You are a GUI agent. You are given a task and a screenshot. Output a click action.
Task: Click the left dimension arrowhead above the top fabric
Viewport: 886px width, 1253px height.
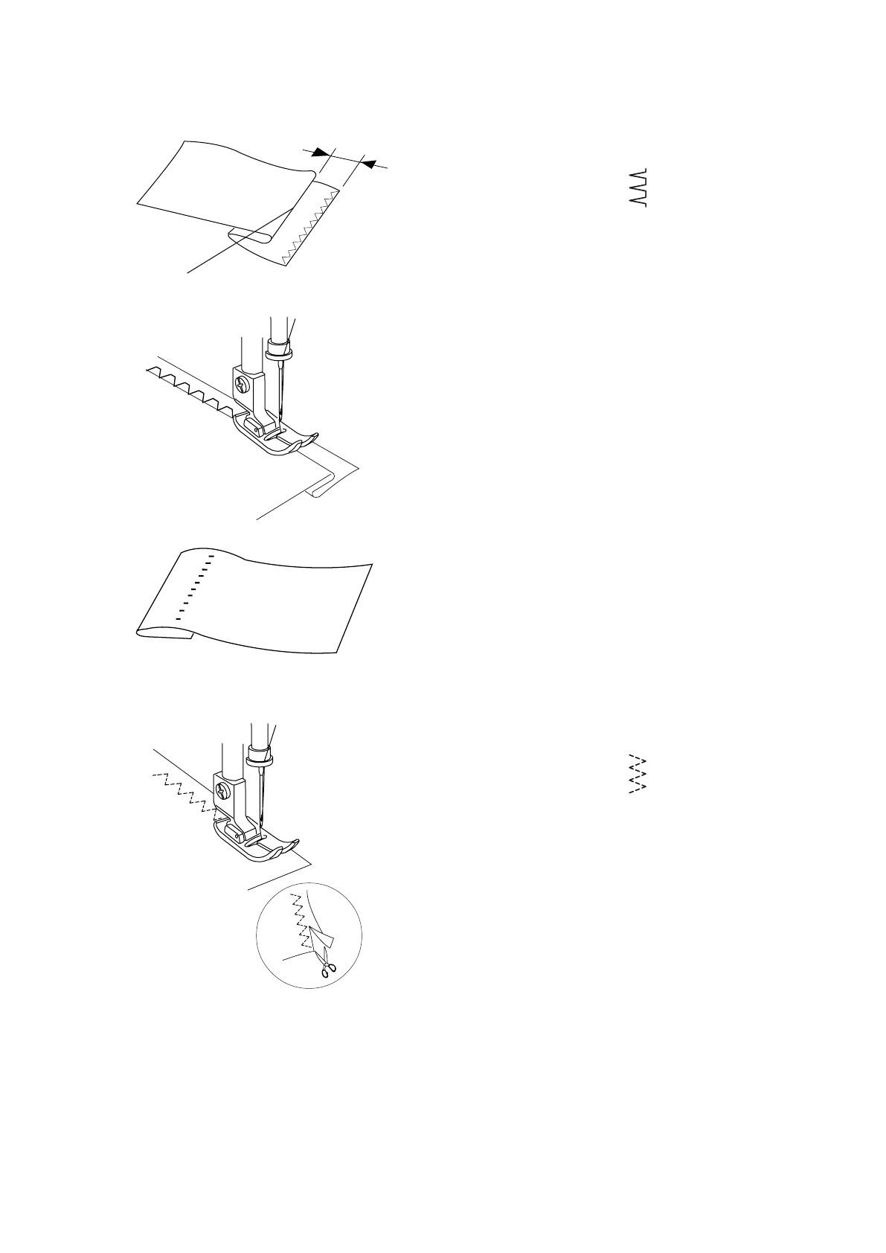pyautogui.click(x=320, y=152)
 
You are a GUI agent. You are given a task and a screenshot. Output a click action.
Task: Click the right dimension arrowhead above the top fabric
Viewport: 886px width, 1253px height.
pyautogui.click(x=367, y=163)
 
